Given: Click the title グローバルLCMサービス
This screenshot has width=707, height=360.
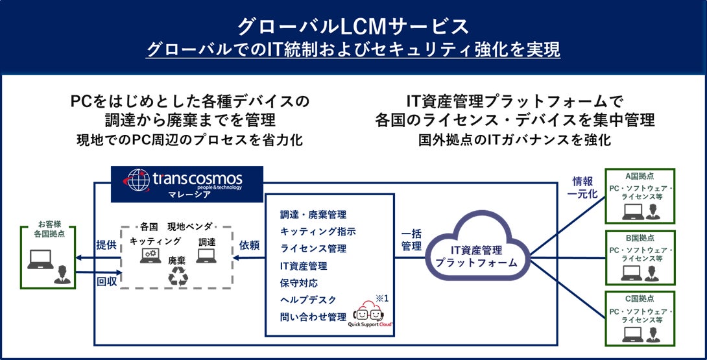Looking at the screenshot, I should [x=353, y=26].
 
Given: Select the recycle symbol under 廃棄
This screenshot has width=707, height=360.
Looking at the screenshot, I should [x=178, y=276].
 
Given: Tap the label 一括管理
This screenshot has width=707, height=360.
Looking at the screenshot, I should [x=411, y=240].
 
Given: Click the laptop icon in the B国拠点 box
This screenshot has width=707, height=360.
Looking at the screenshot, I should [x=632, y=273].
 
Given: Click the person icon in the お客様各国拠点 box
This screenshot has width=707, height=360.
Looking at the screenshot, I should [x=60, y=272].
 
